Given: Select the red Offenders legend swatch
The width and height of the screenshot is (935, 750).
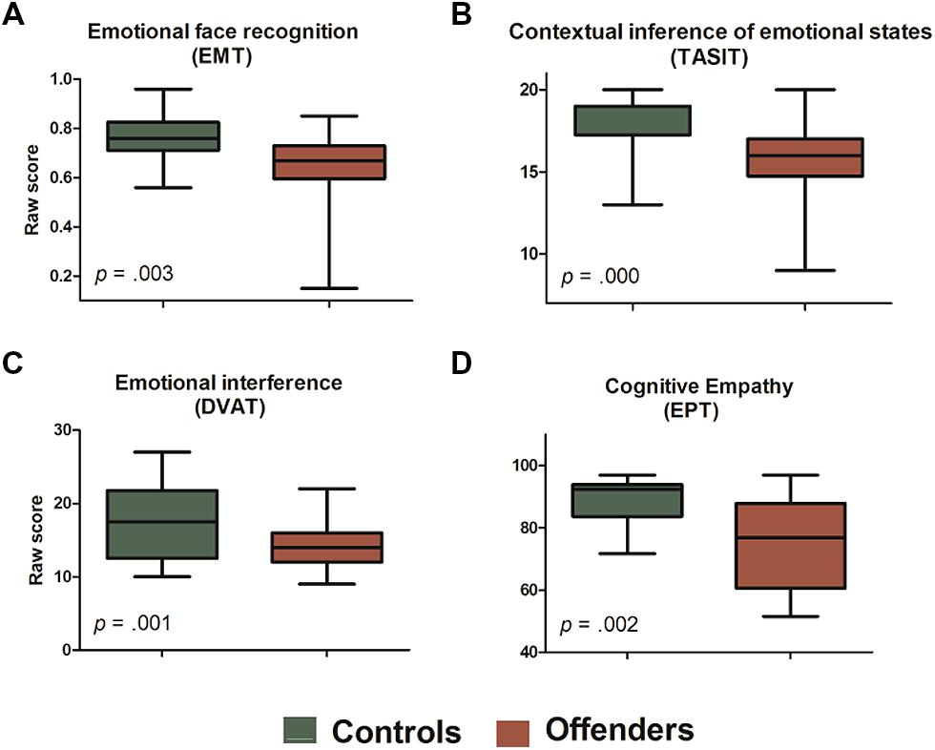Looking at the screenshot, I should pos(516,732).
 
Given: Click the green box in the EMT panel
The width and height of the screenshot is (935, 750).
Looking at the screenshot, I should pos(163,136).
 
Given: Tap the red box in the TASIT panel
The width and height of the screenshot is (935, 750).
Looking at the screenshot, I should pos(805,156).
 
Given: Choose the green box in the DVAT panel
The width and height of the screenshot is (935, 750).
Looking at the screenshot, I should pos(163,524).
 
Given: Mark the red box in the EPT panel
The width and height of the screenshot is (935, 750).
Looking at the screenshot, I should pos(790,545).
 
